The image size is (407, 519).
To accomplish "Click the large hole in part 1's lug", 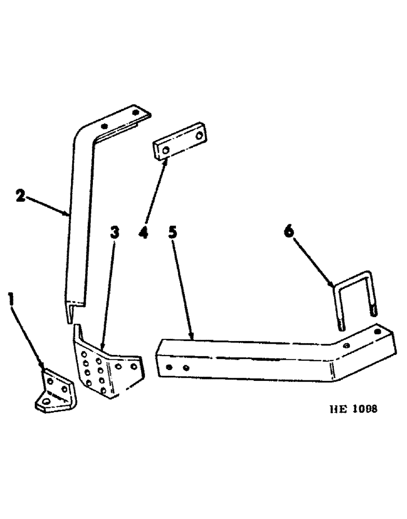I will (48, 402).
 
